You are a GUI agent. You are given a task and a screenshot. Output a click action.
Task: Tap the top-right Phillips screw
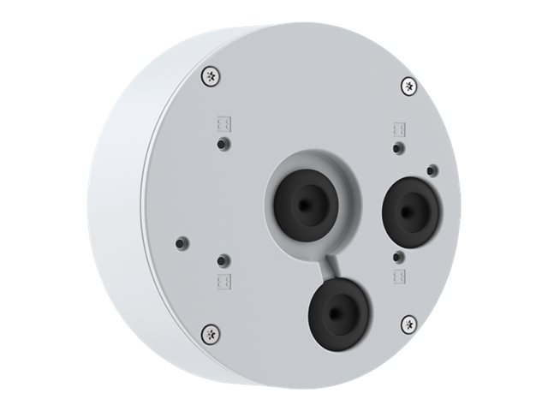coord(409,86)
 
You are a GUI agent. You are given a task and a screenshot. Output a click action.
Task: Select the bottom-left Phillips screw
coord(209,332)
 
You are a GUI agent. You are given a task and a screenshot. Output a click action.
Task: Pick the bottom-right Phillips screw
coord(409,324)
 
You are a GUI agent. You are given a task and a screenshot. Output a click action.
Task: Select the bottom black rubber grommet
coord(339,313)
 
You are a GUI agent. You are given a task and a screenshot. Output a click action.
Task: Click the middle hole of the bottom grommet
coord(340,313)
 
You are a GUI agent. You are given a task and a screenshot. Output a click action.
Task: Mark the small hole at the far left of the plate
coord(180,242)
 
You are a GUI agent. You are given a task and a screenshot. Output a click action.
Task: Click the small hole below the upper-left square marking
coord(223,141)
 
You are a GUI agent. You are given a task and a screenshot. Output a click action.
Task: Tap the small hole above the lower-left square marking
coord(223,259)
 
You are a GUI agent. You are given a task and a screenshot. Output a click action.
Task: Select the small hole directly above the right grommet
coord(397,148)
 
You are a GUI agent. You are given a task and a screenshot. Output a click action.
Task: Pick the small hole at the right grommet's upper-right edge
coord(433,170)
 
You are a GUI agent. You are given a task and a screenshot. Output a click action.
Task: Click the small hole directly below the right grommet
coord(397,256)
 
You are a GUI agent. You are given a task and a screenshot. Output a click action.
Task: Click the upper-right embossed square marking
coord(398,129)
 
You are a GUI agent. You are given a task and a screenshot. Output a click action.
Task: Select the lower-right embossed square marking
coord(398,275)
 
